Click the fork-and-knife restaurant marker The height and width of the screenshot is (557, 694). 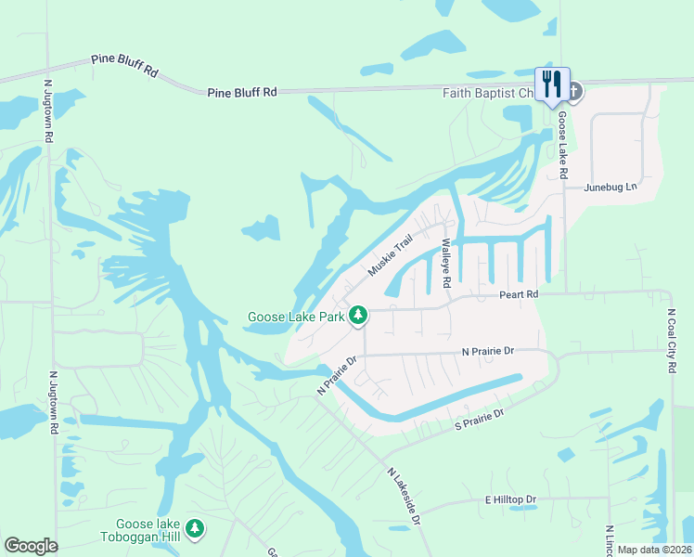pyautogui.click(x=553, y=84)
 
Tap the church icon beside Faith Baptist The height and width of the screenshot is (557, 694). pyautogui.click(x=574, y=92)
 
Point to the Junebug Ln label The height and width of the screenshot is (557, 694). pyautogui.click(x=611, y=188)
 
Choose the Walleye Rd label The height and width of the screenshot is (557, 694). pyautogui.click(x=446, y=263)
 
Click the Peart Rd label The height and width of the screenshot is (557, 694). pyautogui.click(x=519, y=294)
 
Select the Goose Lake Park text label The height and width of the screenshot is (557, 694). pyautogui.click(x=295, y=317)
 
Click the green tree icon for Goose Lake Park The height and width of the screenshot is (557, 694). pyautogui.click(x=358, y=317)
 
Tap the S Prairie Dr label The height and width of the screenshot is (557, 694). pyautogui.click(x=478, y=419)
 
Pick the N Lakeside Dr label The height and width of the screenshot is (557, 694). pyautogui.click(x=405, y=496)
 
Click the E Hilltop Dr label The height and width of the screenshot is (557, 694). pyautogui.click(x=510, y=499)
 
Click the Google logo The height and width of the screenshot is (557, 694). pyautogui.click(x=31, y=546)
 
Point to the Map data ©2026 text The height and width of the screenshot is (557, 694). pyautogui.click(x=653, y=550)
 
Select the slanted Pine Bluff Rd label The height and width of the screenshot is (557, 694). pyautogui.click(x=125, y=64)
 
